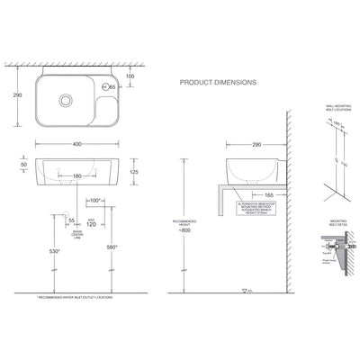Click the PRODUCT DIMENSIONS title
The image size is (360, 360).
pyautogui.click(x=218, y=81)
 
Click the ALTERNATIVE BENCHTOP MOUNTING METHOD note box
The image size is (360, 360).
pyautogui.click(x=254, y=209)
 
